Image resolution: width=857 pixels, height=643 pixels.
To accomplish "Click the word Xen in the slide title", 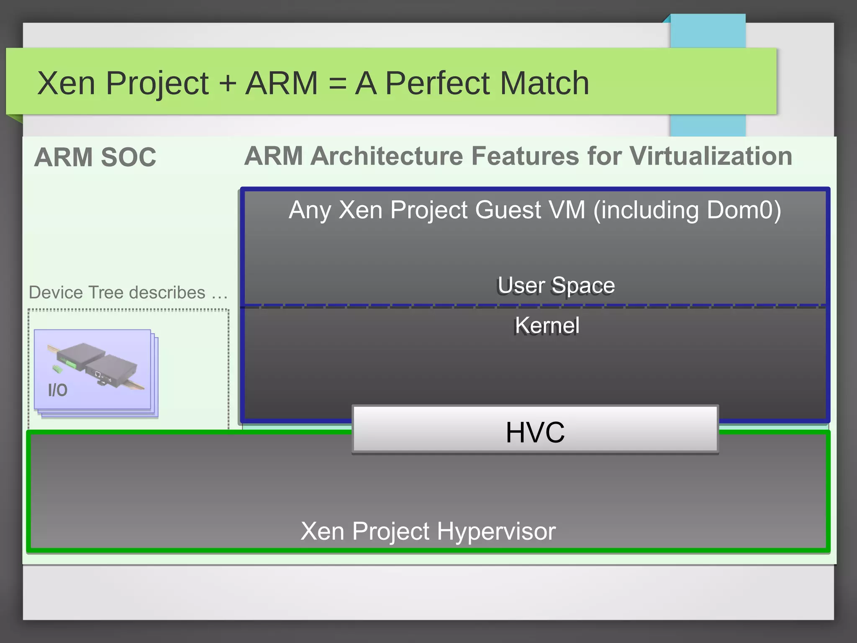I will [66, 83].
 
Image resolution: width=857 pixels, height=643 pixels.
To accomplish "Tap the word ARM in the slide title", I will [281, 83].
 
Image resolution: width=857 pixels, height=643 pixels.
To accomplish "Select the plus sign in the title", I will [228, 83].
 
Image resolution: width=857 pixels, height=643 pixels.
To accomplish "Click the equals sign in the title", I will [337, 83].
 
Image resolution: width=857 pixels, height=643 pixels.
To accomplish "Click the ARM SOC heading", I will [95, 157].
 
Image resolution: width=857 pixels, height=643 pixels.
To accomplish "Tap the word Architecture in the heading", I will [387, 156].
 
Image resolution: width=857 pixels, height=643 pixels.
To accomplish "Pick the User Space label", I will [556, 285].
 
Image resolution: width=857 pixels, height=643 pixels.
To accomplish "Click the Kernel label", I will [547, 325].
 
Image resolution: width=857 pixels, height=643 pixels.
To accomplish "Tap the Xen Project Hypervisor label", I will [428, 531].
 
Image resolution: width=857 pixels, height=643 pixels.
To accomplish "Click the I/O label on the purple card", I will [58, 390].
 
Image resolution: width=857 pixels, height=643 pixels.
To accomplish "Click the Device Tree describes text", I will [128, 293].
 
